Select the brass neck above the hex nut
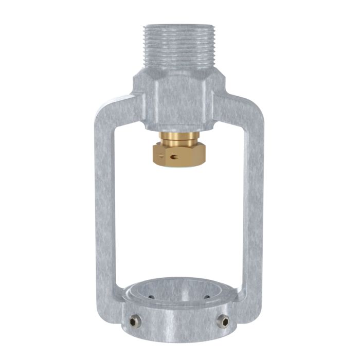pyautogui.click(x=178, y=137)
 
